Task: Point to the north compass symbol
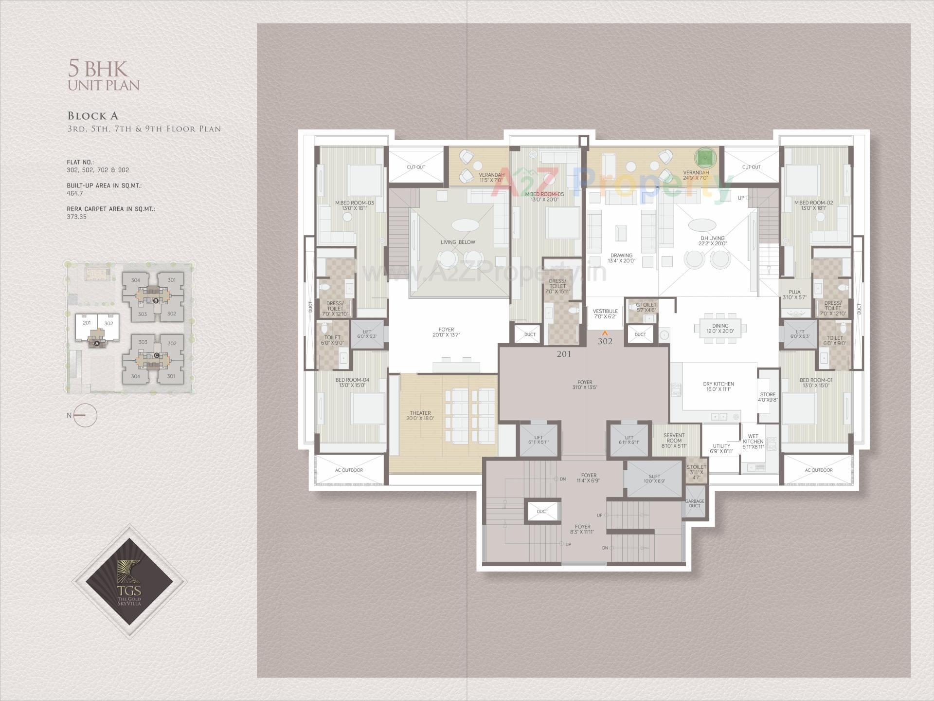86,415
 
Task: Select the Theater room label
420,416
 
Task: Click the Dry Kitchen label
718,387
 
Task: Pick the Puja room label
794,295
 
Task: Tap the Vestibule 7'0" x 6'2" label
605,314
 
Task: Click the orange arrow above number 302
605,333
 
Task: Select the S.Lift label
654,478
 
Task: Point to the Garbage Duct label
694,503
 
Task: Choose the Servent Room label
674,440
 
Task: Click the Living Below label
458,242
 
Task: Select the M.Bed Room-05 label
544,197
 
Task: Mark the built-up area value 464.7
75,193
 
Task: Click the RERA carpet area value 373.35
76,217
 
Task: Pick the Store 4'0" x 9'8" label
768,397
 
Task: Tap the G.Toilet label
646,307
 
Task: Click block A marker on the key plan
97,343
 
